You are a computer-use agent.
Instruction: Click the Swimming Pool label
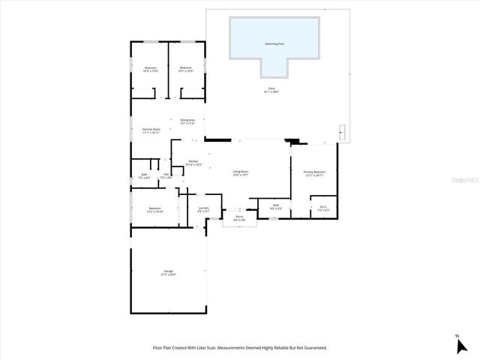[x=274, y=43]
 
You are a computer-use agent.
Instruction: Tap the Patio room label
[x=270, y=90]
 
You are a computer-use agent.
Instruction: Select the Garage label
[x=168, y=272]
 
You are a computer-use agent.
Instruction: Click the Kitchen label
[x=193, y=163]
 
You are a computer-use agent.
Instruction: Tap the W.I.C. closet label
[x=322, y=208]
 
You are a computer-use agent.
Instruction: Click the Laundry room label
[x=203, y=209]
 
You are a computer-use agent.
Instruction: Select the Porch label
[x=239, y=218]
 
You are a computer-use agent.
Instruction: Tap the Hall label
[x=166, y=175]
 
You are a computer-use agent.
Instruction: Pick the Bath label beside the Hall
[x=144, y=175]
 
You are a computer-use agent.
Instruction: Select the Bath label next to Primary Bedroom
[x=276, y=206]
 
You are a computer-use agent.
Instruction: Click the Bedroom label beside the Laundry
[x=154, y=209]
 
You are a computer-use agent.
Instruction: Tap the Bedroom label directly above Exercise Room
[x=150, y=70]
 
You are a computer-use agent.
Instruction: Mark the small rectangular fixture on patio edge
[x=342, y=130]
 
